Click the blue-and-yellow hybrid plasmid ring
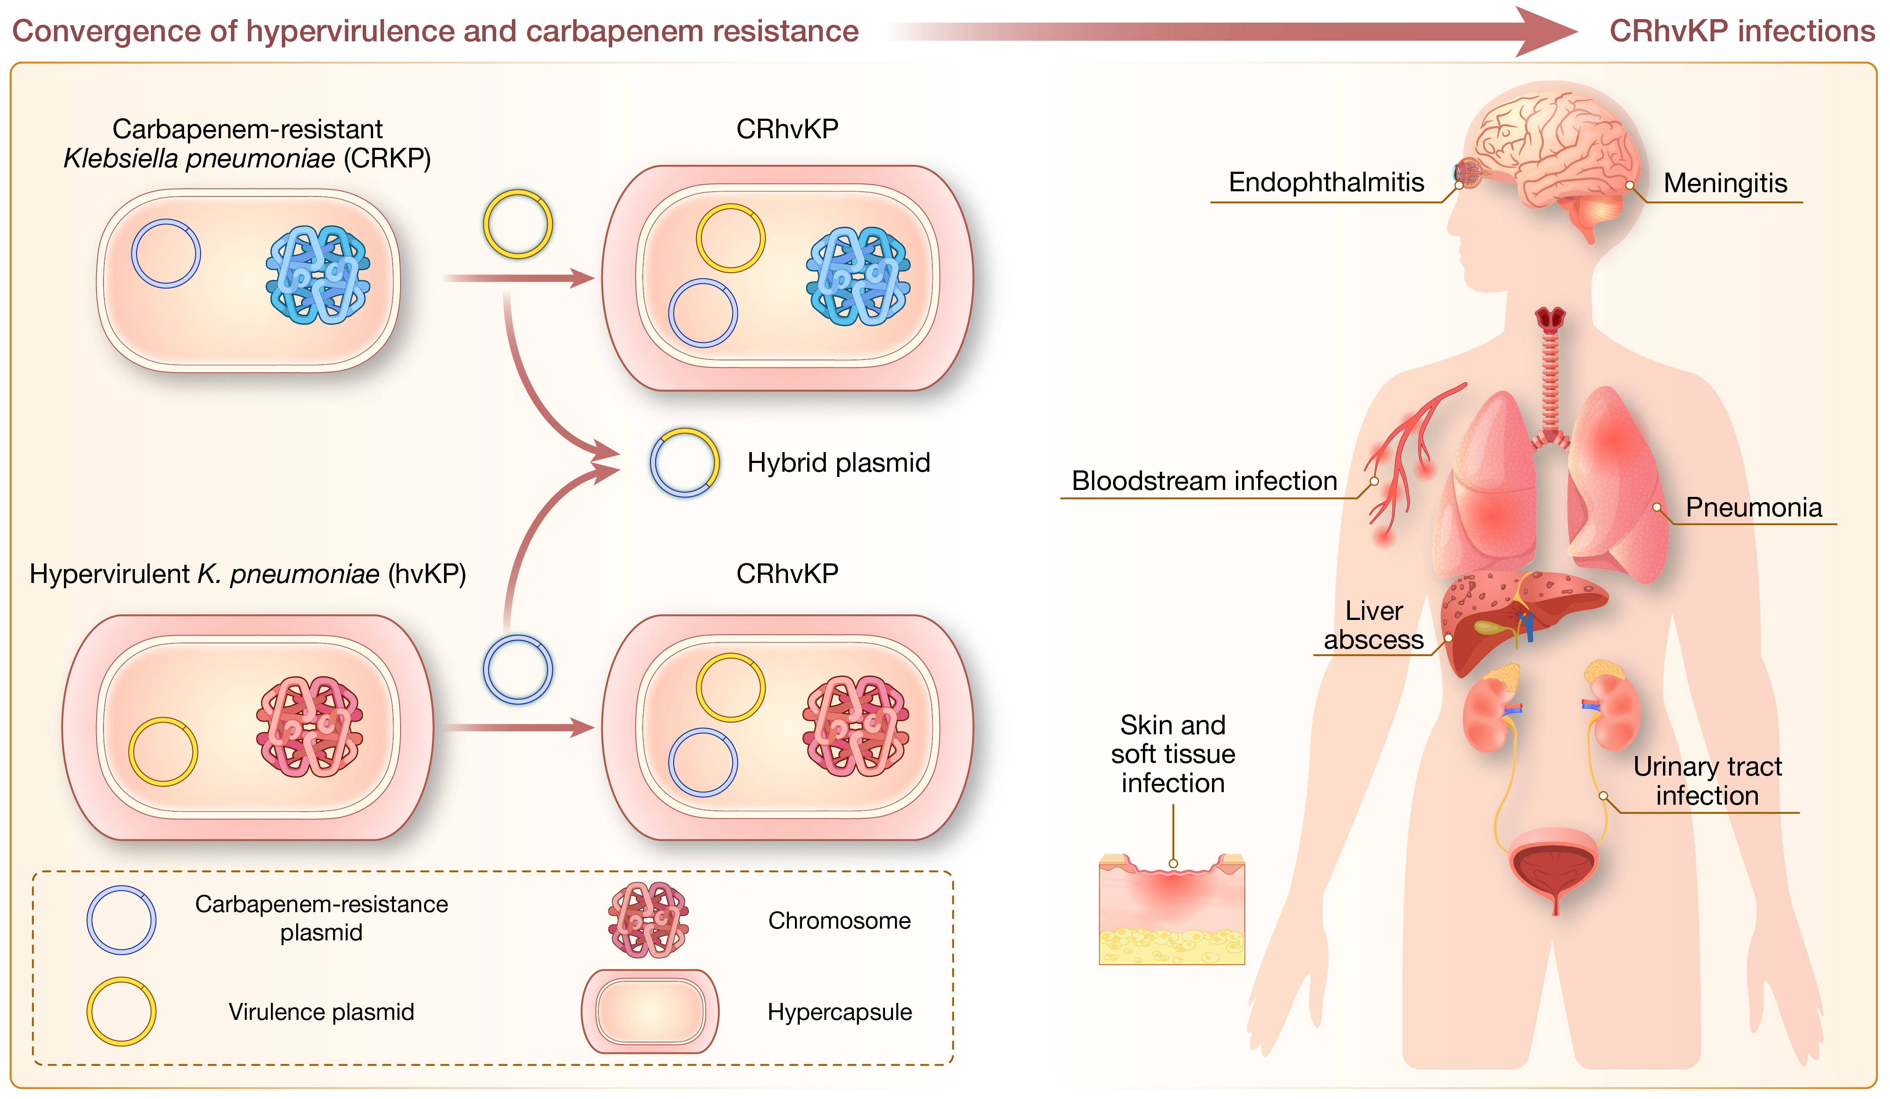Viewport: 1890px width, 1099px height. click(684, 463)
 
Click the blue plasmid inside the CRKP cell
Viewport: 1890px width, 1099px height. click(166, 253)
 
